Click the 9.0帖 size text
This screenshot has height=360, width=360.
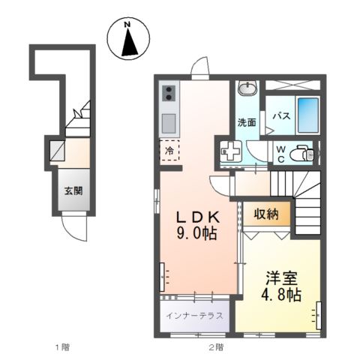[x=197, y=234]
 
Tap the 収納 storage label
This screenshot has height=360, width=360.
[x=266, y=214]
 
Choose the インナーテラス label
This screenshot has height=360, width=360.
[x=195, y=316]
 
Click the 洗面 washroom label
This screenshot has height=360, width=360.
[x=247, y=121]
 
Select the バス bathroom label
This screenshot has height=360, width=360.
[x=281, y=116]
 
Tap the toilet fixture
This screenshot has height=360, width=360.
[x=301, y=154]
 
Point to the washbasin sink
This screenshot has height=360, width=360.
[x=246, y=88]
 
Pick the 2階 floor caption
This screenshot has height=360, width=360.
[x=216, y=346]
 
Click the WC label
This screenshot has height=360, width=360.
[x=280, y=154]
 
